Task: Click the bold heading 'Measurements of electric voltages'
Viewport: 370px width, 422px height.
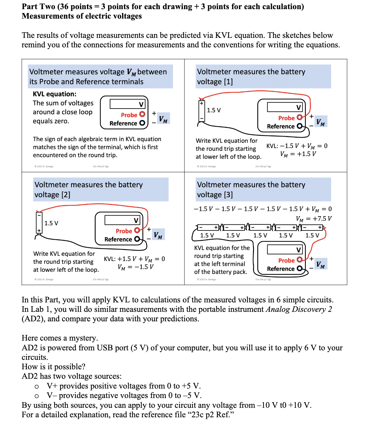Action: [x=82, y=16]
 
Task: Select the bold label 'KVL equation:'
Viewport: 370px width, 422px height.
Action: [x=54, y=94]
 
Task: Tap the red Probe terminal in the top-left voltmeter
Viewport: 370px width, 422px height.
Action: [x=142, y=114]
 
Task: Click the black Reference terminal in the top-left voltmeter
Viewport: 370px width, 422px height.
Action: [x=142, y=123]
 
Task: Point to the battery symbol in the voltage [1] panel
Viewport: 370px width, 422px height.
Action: [x=201, y=111]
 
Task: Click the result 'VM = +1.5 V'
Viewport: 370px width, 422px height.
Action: [x=298, y=154]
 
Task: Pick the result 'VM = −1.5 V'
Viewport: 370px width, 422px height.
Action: [x=135, y=267]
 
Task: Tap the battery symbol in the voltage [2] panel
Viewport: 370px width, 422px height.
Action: [x=39, y=223]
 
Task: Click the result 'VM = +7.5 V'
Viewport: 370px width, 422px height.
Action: [x=314, y=219]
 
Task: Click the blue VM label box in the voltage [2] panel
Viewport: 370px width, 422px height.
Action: [x=158, y=235]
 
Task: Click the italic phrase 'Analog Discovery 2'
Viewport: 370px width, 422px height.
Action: [x=299, y=309]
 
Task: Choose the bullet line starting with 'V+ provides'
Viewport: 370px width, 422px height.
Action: [x=123, y=386]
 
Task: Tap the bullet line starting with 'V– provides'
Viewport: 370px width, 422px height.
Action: [x=124, y=395]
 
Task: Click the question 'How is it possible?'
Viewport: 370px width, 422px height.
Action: [x=53, y=367]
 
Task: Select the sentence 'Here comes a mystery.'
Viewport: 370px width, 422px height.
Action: [x=60, y=338]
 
